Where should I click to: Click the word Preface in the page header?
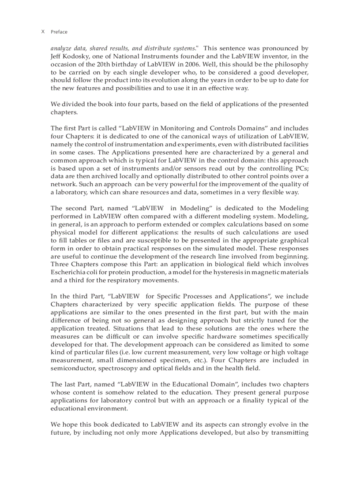click(x=59, y=32)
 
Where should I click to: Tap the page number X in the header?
click(x=43, y=32)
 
